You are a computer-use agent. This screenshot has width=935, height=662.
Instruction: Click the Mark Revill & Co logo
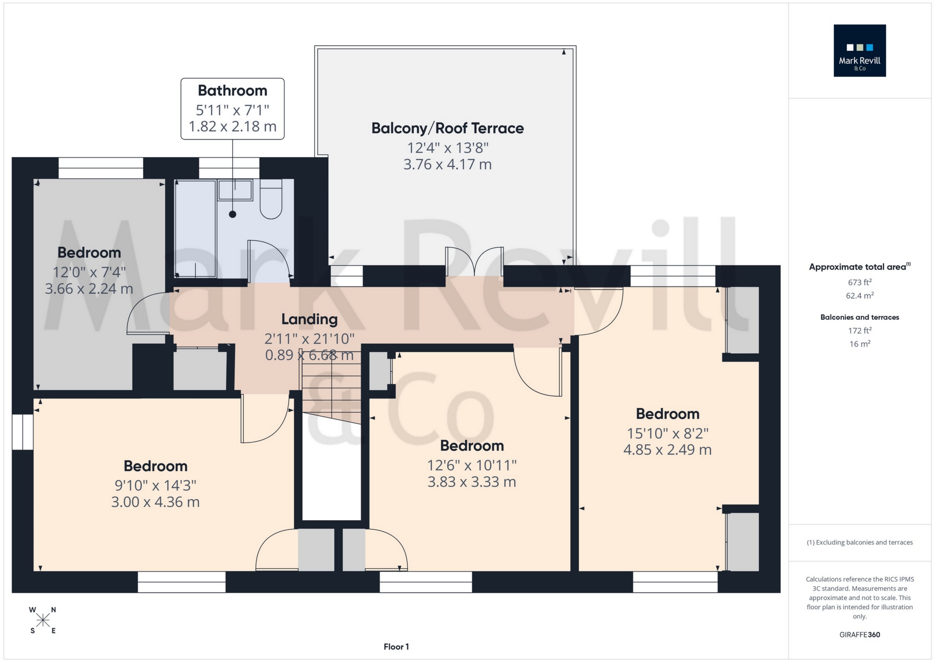[859, 50]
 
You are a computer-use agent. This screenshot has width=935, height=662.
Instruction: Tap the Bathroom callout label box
[232, 109]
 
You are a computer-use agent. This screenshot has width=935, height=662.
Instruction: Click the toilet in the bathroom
[271, 200]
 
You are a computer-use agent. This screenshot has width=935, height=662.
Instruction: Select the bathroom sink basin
[235, 190]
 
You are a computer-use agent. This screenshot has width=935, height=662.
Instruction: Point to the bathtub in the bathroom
[195, 229]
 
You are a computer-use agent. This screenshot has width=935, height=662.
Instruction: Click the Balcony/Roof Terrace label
[447, 128]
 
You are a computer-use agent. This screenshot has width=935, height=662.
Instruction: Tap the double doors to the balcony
[474, 262]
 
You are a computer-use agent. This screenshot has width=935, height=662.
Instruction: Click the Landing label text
[309, 319]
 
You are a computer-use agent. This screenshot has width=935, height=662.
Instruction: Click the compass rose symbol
[43, 620]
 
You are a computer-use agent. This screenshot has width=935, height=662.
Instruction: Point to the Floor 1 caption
[396, 647]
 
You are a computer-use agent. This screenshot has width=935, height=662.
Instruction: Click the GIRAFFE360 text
[859, 634]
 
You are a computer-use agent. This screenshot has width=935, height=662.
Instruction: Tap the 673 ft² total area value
[859, 282]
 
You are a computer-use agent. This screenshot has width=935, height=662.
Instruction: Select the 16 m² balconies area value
[859, 344]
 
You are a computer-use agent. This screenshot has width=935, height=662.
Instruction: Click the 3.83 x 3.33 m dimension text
[471, 482]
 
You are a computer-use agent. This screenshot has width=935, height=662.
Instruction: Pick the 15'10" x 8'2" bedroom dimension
[667, 433]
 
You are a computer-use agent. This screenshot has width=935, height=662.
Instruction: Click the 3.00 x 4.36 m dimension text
[155, 502]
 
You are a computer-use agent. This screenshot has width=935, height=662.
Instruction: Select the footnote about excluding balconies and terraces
[859, 542]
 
